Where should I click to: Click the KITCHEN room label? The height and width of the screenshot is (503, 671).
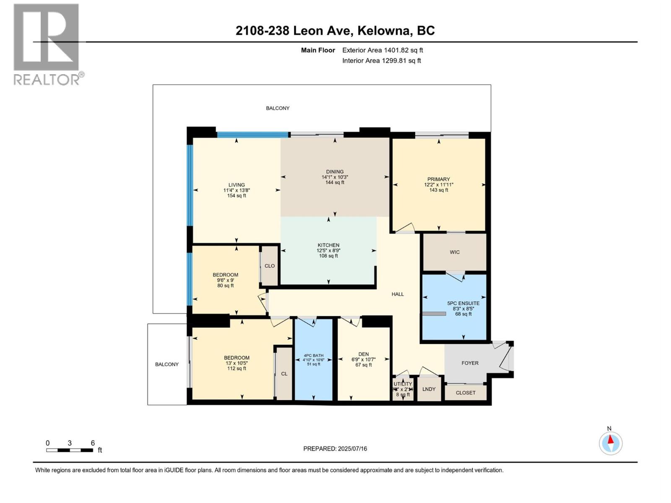pos(328,245)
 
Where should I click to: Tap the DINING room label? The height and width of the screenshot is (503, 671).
pos(335,171)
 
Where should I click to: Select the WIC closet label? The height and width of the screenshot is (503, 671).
pos(455,252)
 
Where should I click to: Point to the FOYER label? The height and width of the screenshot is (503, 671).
pos(470,363)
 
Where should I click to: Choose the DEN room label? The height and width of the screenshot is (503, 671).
pos(364,354)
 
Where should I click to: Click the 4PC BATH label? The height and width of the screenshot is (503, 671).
pos(314,355)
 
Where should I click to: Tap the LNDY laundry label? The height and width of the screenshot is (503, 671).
pos(429,389)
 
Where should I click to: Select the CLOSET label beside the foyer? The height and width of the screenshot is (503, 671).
pos(466,393)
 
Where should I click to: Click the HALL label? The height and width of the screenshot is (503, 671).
pos(398,294)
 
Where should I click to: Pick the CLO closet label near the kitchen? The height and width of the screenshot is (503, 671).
pos(270,266)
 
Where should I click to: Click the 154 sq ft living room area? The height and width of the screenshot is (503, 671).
pos(237,196)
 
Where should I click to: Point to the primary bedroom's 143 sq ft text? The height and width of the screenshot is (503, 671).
pos(439,190)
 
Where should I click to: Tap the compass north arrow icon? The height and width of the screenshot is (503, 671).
pos(611,443)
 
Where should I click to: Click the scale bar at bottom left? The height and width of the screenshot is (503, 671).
pos(70,450)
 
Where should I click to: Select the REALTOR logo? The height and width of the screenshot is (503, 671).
pos(47,44)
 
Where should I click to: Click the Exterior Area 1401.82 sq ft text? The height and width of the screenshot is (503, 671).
pos(382,50)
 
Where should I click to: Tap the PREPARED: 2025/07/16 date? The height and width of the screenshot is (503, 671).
pos(335,449)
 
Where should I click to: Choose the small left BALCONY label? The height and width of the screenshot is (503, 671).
pos(167,364)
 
